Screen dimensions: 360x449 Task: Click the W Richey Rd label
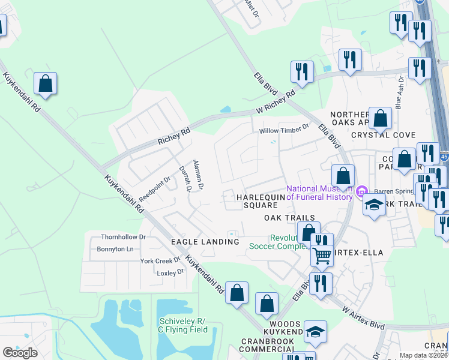tap(276, 103)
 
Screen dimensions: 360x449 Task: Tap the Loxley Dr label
tap(170, 272)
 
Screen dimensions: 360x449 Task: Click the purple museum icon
tap(361, 191)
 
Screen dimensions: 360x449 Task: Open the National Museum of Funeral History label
tap(320, 193)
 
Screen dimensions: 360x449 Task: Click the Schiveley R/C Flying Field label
tap(182, 325)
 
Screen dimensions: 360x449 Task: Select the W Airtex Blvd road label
tap(363, 317)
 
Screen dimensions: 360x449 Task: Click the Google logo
tap(20, 353)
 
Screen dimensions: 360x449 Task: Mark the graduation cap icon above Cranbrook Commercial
tap(315, 332)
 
